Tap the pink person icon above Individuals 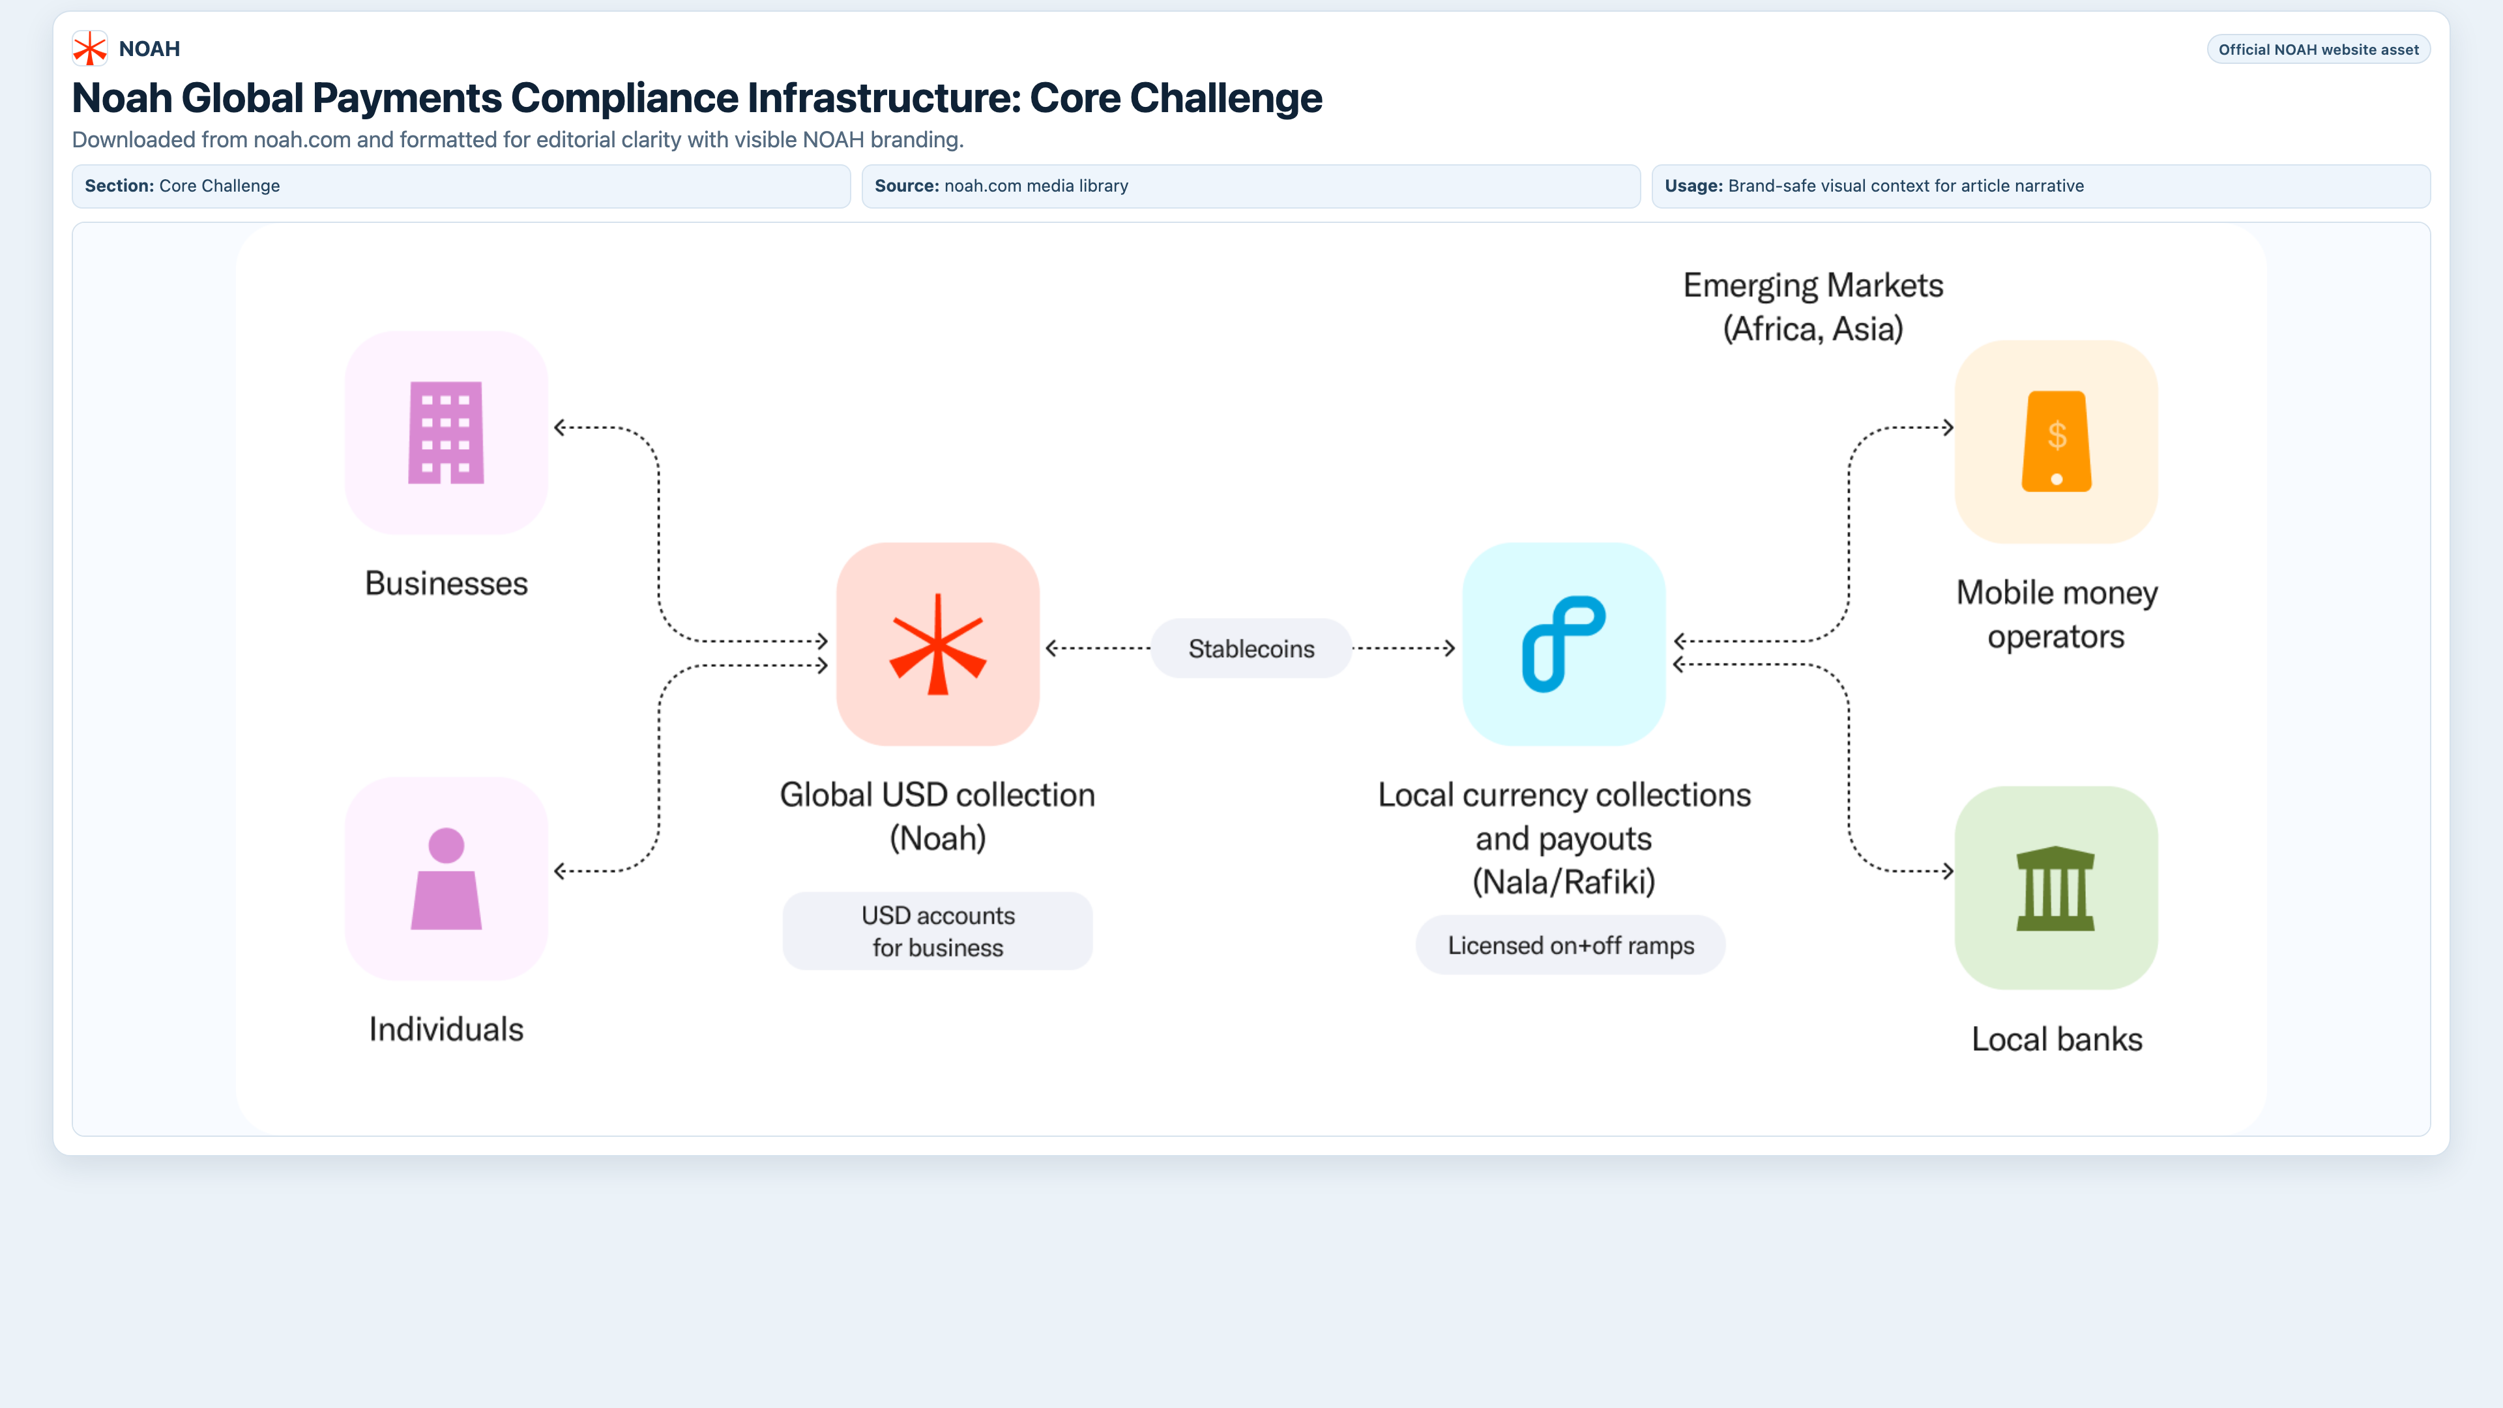[x=446, y=879]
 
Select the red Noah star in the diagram [x=938, y=644]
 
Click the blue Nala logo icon [x=1564, y=644]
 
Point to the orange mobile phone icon [x=2056, y=441]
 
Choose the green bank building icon [x=2056, y=888]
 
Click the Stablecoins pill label [x=1251, y=648]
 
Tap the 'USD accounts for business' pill [x=938, y=931]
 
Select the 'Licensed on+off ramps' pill [x=1570, y=945]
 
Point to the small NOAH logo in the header [x=89, y=49]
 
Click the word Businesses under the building [x=446, y=583]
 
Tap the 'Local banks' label [x=2056, y=1039]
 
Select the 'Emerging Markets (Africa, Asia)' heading [x=1813, y=307]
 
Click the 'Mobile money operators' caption [x=2056, y=614]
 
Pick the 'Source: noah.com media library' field [x=1251, y=186]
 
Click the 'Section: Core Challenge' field [x=461, y=186]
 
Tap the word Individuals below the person [x=446, y=1029]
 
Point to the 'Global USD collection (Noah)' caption [x=938, y=816]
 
